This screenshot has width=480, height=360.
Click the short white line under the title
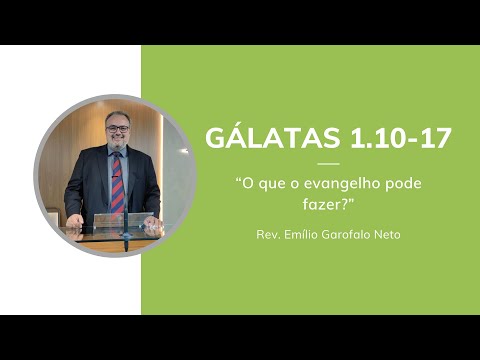(328, 164)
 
